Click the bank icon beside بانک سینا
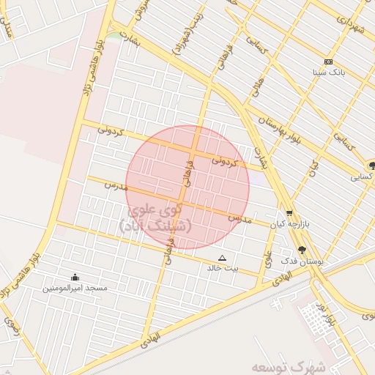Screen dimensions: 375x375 click(328, 62)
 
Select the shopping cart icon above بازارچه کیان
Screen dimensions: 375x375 click(290, 213)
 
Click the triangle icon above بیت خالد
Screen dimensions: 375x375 click(223, 258)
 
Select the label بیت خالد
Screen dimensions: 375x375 click(223, 268)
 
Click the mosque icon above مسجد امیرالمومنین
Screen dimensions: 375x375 click(75, 277)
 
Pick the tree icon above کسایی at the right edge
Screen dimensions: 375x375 click(371, 166)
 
